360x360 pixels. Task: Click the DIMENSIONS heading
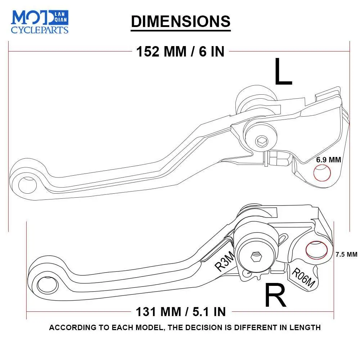click(180, 21)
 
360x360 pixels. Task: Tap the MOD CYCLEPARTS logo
click(40, 22)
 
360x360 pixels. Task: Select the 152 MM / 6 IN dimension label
click(180, 51)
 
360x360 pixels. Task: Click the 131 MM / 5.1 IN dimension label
click(180, 311)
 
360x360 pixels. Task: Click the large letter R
click(275, 295)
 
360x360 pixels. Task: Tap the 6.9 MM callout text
click(328, 159)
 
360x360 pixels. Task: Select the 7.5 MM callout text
click(346, 254)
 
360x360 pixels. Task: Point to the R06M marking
click(303, 278)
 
